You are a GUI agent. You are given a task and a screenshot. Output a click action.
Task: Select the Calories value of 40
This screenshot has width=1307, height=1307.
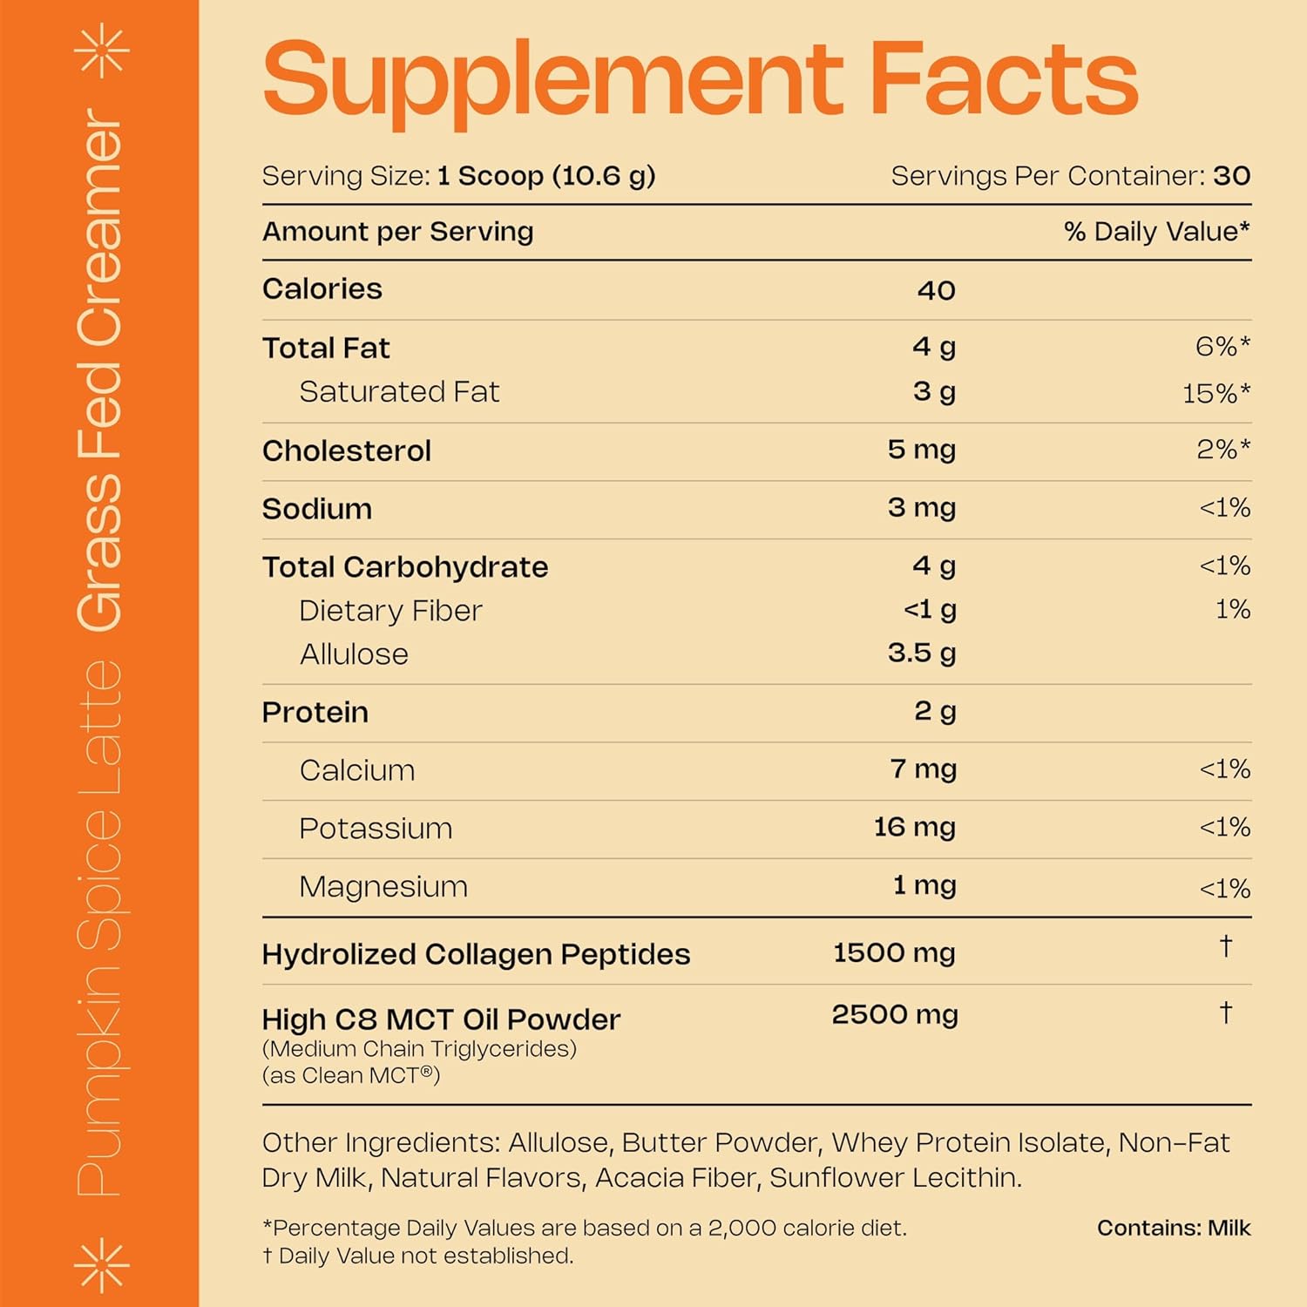[936, 290]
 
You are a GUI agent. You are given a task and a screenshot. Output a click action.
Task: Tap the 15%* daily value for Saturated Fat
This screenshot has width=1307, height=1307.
[1216, 393]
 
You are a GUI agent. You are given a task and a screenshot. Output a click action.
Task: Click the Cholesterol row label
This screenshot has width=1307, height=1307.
[347, 450]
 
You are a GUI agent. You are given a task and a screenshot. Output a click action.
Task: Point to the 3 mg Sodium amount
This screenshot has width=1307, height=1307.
[921, 508]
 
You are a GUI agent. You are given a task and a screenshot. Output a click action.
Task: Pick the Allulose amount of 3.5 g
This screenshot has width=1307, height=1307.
[921, 653]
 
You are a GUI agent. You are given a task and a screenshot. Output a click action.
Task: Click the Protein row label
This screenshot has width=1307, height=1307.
[315, 712]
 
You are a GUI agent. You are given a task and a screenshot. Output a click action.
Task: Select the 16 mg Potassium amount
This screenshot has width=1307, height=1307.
[914, 827]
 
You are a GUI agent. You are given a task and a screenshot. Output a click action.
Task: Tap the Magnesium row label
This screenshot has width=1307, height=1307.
[383, 886]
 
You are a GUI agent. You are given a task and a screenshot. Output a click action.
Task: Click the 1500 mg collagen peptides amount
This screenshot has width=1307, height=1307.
[894, 953]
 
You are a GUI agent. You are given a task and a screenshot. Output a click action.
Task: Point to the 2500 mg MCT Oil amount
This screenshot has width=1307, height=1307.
[894, 1015]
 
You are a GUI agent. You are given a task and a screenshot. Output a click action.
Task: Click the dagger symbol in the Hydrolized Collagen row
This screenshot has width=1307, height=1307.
[1226, 946]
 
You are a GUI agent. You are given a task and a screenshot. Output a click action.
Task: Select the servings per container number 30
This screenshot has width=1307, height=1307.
[1231, 176]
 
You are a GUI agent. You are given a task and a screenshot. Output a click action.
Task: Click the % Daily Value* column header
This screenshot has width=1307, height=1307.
[1156, 232]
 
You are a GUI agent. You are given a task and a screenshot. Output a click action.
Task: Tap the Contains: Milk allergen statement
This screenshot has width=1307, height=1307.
[1173, 1228]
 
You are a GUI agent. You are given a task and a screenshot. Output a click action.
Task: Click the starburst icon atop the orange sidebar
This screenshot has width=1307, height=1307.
[102, 51]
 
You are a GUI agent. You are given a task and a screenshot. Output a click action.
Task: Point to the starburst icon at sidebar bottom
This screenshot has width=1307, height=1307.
[102, 1263]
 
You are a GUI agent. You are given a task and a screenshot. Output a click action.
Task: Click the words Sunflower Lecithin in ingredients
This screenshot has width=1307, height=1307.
[895, 1177]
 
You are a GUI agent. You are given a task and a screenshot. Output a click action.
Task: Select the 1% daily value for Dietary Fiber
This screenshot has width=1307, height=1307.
[1233, 609]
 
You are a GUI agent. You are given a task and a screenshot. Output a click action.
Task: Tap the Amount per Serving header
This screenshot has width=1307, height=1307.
[398, 232]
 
